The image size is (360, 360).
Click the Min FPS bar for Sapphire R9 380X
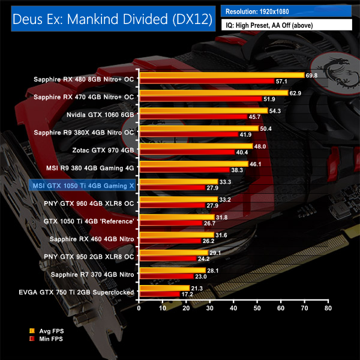(188, 134)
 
